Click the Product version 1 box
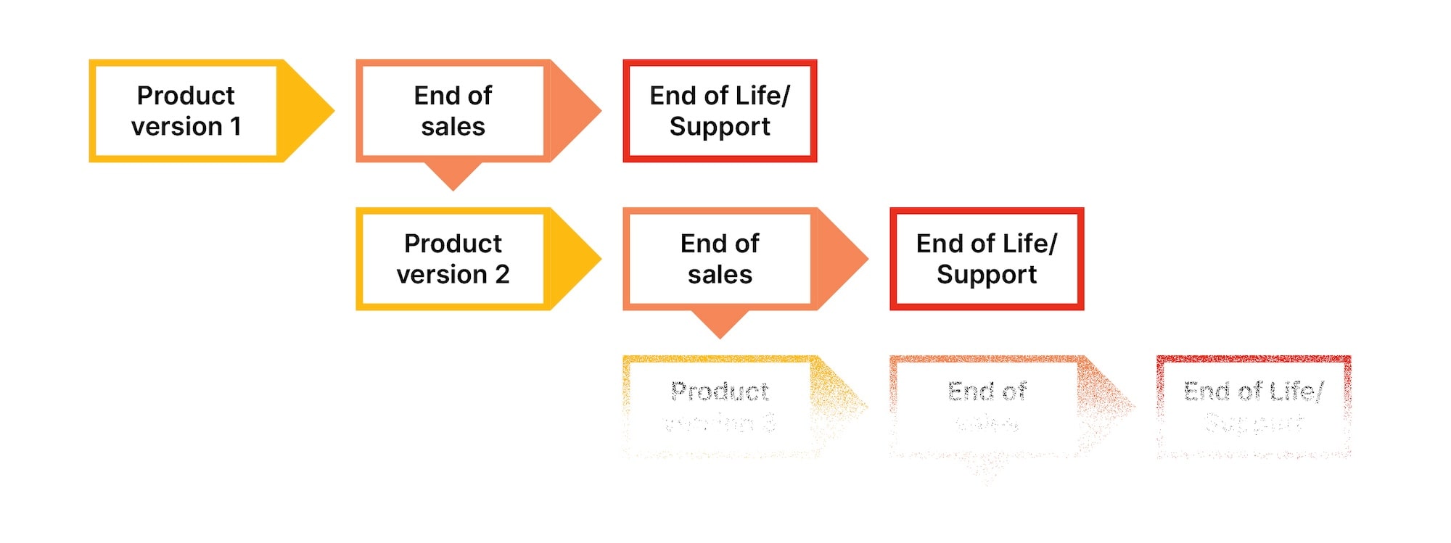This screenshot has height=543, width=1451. (x=186, y=111)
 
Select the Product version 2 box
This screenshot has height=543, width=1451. (x=453, y=259)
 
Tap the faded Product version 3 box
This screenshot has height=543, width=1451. (x=720, y=407)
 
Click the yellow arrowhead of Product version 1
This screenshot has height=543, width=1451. (x=308, y=111)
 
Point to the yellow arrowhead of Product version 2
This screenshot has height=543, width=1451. (x=575, y=259)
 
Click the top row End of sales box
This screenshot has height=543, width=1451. (x=453, y=111)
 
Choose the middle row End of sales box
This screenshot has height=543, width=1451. (x=720, y=259)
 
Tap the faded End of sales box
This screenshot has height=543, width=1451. (x=987, y=407)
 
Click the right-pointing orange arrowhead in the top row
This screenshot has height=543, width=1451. (x=575, y=111)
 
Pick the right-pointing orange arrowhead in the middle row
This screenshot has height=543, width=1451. (x=842, y=259)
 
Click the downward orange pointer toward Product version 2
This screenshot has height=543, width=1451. (x=453, y=175)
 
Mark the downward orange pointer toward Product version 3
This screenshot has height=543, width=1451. (x=720, y=323)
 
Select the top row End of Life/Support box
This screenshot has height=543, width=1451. (x=720, y=111)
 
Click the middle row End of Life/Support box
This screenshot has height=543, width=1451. (x=987, y=259)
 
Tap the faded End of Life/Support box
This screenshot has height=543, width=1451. (x=1254, y=407)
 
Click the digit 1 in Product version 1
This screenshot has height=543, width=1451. (x=235, y=127)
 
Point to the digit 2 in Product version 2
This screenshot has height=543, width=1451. (x=502, y=275)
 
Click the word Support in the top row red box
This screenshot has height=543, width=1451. (x=720, y=128)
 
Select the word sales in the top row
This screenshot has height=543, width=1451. (x=453, y=127)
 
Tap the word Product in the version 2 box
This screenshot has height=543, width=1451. (x=453, y=244)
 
